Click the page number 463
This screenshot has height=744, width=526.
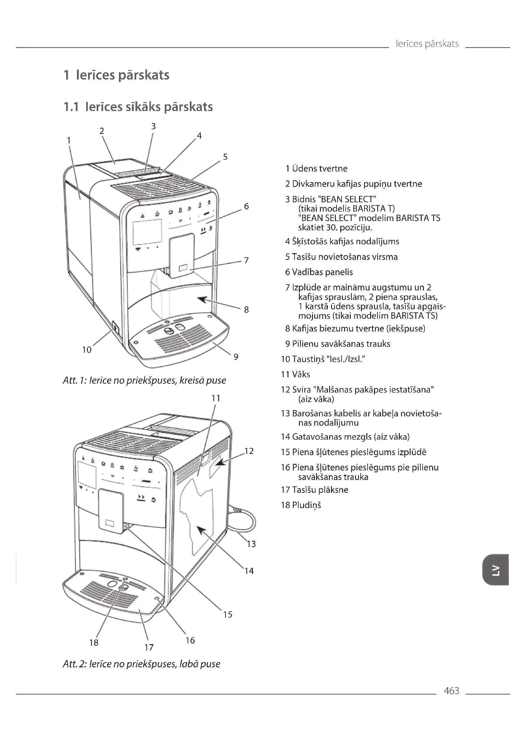pyautogui.click(x=451, y=691)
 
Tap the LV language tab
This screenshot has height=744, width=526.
pyautogui.click(x=495, y=570)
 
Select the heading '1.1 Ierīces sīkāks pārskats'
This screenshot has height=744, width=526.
pyautogui.click(x=138, y=107)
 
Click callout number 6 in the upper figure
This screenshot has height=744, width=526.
pyautogui.click(x=246, y=206)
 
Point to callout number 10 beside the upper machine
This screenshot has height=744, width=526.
pyautogui.click(x=87, y=350)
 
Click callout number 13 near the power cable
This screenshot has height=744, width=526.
pyautogui.click(x=251, y=544)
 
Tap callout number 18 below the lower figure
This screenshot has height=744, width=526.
pyautogui.click(x=93, y=642)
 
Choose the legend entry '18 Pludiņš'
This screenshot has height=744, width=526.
pyautogui.click(x=301, y=505)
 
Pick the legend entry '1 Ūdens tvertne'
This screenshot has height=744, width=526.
pyautogui.click(x=316, y=169)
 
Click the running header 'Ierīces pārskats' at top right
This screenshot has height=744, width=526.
pyautogui.click(x=427, y=44)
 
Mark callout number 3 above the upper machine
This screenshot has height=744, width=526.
pyautogui.click(x=154, y=126)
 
